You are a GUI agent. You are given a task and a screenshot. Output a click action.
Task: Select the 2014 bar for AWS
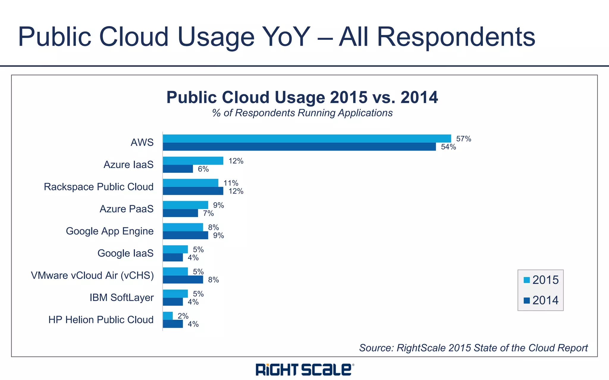[x=299, y=147]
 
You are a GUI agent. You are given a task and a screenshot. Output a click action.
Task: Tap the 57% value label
[x=464, y=139]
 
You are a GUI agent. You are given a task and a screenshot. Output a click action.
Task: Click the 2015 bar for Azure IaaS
[x=193, y=161]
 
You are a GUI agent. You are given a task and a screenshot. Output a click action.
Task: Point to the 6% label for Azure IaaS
[x=203, y=169]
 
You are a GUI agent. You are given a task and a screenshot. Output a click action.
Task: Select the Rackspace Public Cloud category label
[x=99, y=187]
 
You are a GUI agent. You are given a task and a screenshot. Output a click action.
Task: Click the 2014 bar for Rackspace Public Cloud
[x=193, y=191]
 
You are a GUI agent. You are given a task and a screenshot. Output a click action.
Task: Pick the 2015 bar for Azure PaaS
[x=185, y=205]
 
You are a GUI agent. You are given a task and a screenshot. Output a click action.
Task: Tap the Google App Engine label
[x=110, y=231]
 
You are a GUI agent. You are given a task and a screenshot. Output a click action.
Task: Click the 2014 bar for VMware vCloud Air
[x=183, y=280]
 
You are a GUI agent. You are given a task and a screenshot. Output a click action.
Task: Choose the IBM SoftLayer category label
[x=122, y=297]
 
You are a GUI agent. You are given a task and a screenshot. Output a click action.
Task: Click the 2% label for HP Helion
[x=183, y=316]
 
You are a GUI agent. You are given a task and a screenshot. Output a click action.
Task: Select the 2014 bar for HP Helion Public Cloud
[x=173, y=324]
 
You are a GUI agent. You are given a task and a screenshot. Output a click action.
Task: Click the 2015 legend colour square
[x=527, y=280]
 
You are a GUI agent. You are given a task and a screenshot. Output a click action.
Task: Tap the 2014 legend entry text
[x=545, y=300]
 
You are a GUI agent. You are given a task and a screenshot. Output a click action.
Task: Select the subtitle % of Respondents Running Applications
[x=302, y=113]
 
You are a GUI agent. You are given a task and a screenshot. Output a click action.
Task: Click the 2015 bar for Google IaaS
[x=175, y=249]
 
